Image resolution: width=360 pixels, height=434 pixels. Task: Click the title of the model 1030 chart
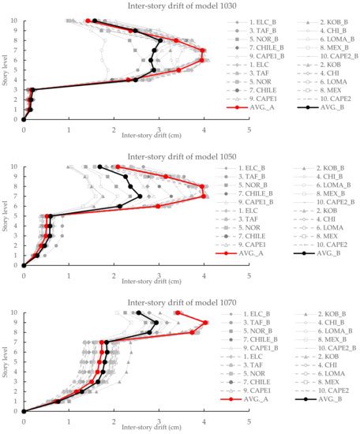pyautogui.click(x=180, y=6)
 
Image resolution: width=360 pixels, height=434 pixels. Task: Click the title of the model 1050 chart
pyautogui.click(x=180, y=153)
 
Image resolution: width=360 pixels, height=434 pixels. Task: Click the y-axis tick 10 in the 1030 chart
pyautogui.click(x=16, y=21)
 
